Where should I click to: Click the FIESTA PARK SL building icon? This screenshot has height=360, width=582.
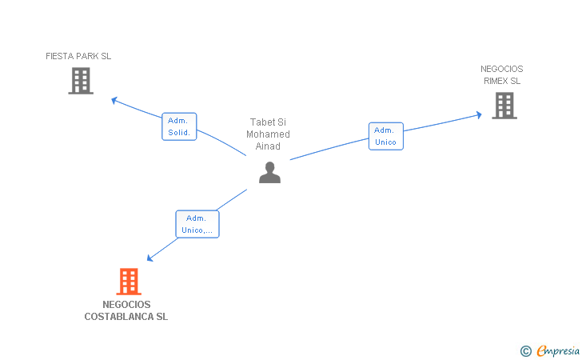[81, 81]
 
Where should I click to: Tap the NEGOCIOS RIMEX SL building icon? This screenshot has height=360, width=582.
[504, 105]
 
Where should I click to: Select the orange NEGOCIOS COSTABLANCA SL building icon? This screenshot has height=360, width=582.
[129, 281]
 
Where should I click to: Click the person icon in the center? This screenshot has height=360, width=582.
[270, 172]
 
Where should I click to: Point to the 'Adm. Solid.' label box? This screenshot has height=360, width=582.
[179, 126]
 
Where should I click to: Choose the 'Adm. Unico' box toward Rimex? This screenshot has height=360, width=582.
[386, 136]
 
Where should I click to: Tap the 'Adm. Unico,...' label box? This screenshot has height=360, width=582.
[197, 224]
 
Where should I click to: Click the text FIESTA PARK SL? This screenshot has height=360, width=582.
[78, 56]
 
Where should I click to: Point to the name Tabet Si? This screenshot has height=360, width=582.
[268, 122]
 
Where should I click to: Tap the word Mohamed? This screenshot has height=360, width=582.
[268, 134]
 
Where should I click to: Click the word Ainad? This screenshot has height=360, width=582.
[268, 146]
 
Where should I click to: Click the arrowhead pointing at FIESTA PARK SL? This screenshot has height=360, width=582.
[114, 100]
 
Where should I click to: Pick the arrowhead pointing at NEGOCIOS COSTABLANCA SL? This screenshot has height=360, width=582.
[149, 258]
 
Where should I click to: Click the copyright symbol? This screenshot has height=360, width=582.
[525, 350]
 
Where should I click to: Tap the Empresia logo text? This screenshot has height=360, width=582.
[559, 350]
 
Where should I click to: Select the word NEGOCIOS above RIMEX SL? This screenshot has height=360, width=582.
[502, 69]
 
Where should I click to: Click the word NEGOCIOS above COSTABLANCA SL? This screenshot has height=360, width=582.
[126, 305]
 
